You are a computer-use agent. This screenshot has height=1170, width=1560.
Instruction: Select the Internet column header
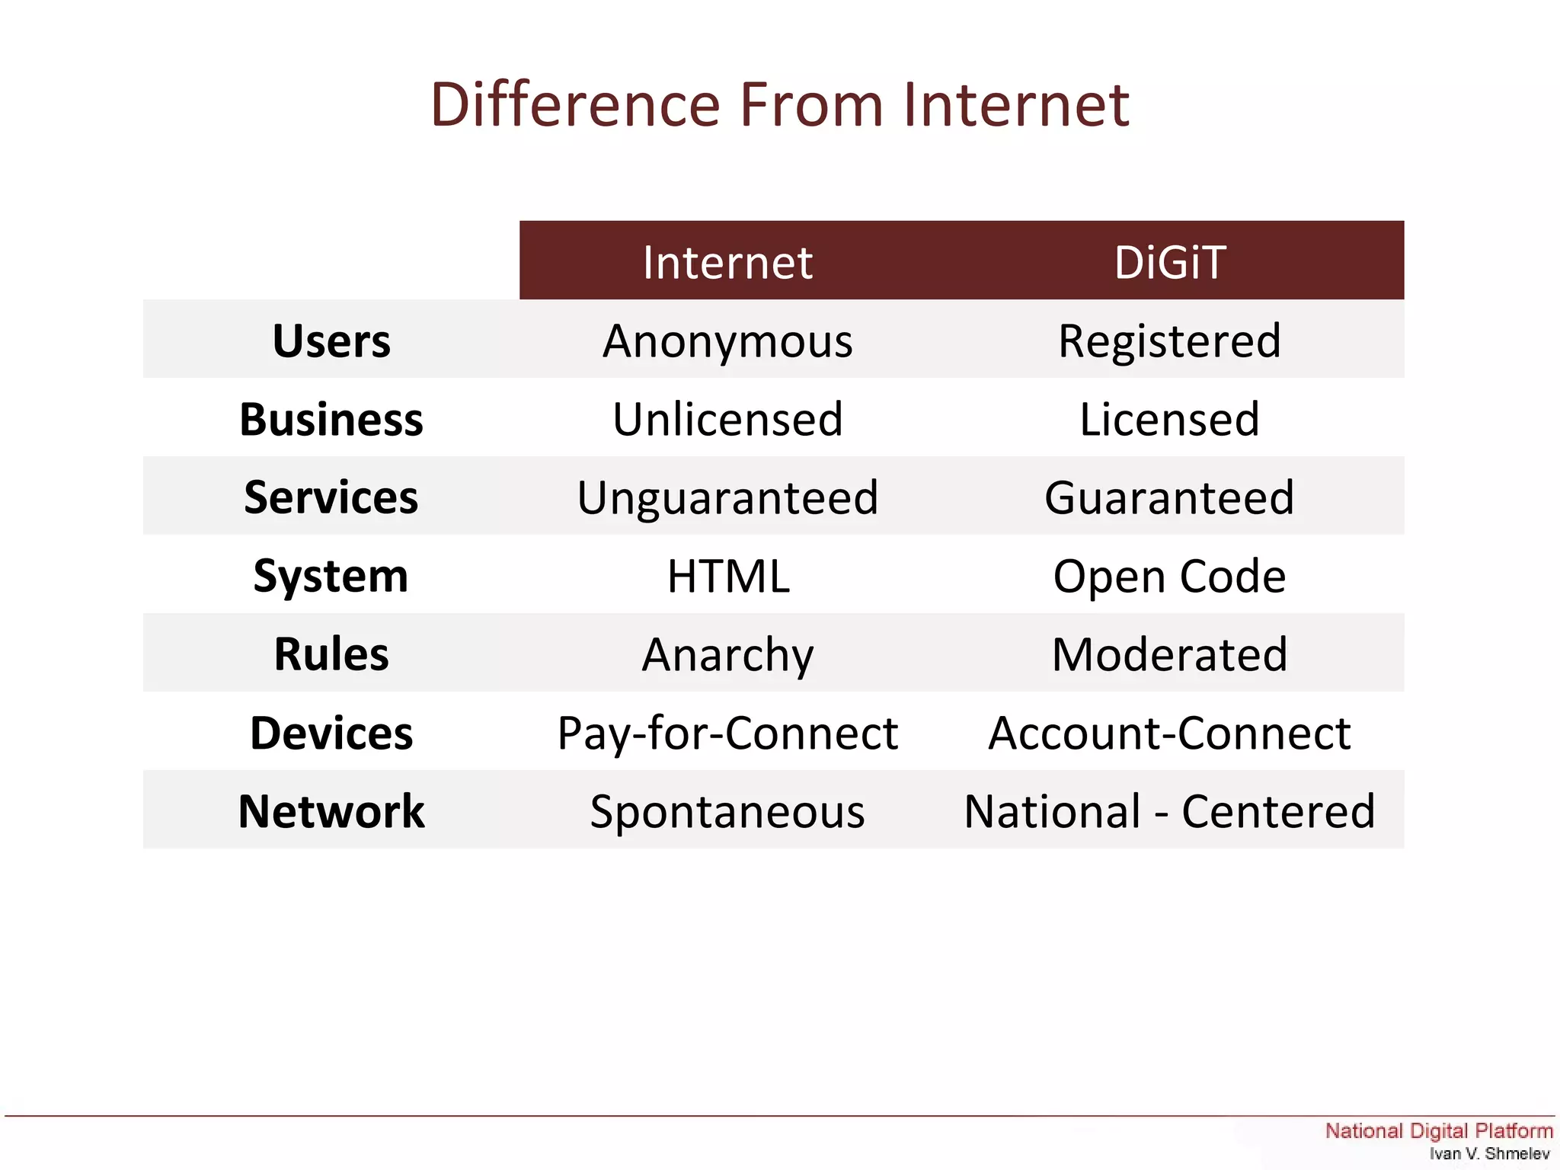click(727, 262)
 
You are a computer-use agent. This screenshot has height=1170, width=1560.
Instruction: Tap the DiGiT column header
click(1169, 262)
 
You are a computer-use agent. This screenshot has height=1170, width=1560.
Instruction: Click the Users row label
click(331, 340)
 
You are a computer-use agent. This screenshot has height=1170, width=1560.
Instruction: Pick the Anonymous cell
click(727, 340)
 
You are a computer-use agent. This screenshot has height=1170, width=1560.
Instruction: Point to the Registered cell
click(1169, 340)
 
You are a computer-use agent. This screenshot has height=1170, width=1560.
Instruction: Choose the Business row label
click(331, 419)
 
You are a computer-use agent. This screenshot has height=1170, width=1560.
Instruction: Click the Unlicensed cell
click(727, 419)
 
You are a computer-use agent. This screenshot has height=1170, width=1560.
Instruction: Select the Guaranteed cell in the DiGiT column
click(1169, 497)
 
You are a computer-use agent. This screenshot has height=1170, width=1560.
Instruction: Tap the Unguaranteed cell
click(727, 497)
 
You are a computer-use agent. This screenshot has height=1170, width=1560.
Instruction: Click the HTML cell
click(727, 576)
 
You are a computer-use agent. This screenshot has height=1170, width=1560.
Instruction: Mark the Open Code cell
click(1169, 576)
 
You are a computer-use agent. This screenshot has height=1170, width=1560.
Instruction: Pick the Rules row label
click(331, 654)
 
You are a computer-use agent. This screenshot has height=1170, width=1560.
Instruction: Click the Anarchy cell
click(727, 654)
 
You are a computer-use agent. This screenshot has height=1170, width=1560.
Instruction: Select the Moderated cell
click(1169, 654)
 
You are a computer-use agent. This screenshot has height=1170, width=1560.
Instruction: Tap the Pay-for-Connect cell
click(727, 733)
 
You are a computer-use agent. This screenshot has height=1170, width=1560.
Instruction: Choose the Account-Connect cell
click(1169, 733)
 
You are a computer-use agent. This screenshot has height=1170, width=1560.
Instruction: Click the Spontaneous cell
click(727, 811)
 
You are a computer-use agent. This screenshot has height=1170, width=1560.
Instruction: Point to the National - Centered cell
click(1169, 811)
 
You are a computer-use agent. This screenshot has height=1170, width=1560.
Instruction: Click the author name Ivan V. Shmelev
click(1489, 1153)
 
